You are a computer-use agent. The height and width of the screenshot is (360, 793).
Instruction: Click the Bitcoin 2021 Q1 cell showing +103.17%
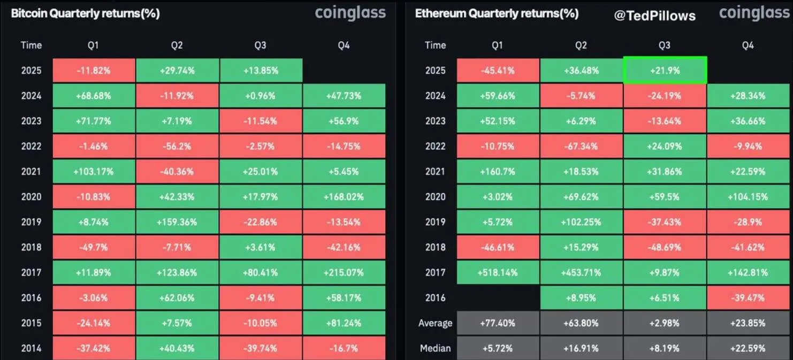click(x=93, y=172)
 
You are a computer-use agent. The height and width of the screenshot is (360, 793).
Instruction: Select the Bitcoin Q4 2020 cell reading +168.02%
click(x=344, y=197)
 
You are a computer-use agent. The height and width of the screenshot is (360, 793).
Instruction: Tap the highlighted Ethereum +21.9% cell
click(x=664, y=71)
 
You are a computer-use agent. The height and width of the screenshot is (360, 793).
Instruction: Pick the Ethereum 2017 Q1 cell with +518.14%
click(x=497, y=272)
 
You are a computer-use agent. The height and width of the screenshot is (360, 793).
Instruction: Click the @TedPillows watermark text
click(x=655, y=16)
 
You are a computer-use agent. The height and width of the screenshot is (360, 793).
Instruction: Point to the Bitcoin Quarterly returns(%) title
click(x=85, y=14)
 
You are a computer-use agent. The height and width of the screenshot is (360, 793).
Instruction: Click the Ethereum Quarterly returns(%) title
click(x=497, y=14)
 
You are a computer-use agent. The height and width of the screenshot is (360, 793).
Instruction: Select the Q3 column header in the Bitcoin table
click(x=260, y=45)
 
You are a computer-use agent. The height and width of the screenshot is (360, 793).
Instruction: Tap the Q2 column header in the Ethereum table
click(x=581, y=45)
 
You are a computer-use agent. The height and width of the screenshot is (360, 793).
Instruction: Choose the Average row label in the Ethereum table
click(x=435, y=323)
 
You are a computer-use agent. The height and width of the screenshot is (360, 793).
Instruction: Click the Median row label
click(x=435, y=348)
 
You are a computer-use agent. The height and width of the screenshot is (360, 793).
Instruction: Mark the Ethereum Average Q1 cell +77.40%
click(x=497, y=323)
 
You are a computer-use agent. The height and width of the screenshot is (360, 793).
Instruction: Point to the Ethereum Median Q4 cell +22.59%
click(x=748, y=348)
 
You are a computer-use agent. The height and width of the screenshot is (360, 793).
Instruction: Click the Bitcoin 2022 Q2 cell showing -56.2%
click(x=177, y=146)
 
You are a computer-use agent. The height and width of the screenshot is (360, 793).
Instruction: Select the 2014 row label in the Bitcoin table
click(x=31, y=348)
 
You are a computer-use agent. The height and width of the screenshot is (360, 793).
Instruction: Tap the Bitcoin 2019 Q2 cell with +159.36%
click(x=177, y=222)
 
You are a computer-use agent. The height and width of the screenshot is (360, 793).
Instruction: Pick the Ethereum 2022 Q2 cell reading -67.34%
click(x=581, y=146)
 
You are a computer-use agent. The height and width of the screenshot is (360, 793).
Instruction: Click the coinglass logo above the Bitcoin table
click(x=350, y=13)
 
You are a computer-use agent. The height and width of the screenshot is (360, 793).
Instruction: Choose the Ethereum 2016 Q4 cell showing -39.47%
click(x=748, y=297)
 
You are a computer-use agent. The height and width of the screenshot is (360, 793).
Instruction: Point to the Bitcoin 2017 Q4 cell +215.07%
click(x=344, y=272)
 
